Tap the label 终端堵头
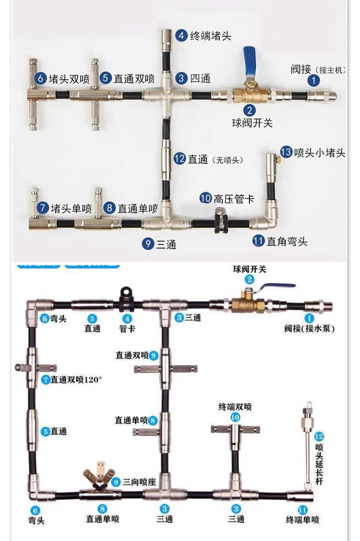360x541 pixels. click(x=210, y=36)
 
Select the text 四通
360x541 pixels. click(x=200, y=78)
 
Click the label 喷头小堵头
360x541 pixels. click(x=319, y=153)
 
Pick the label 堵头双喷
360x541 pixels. click(x=69, y=78)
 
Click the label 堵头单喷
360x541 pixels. click(x=71, y=209)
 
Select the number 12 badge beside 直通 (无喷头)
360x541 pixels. click(x=180, y=159)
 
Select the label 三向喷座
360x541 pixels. click(x=139, y=481)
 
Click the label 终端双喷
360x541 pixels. click(x=235, y=407)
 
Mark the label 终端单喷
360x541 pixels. click(x=303, y=519)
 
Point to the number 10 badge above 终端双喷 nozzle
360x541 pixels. click(x=235, y=417)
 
